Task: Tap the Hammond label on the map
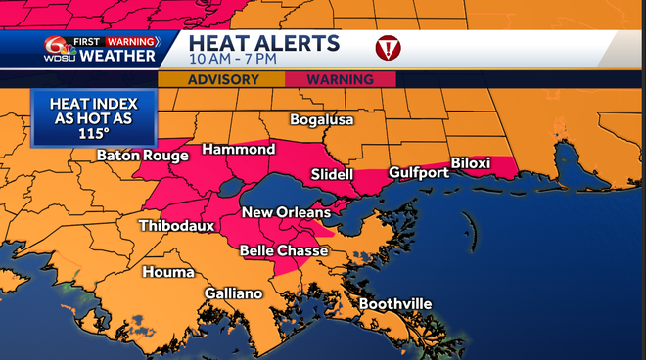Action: coord(238,150)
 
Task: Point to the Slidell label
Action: coord(331,173)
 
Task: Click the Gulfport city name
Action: coord(418,173)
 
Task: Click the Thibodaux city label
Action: coord(177,225)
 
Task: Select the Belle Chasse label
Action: coord(284,250)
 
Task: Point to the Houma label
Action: coord(168,271)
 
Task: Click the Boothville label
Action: coord(394,304)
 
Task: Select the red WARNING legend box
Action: coord(341,79)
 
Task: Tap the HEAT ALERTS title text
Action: coord(264,43)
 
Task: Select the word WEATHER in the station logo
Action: coord(116,57)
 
